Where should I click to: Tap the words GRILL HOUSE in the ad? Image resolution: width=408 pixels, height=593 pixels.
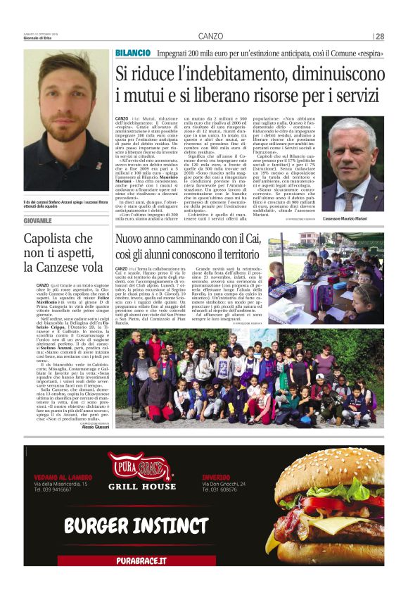click(141, 487)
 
